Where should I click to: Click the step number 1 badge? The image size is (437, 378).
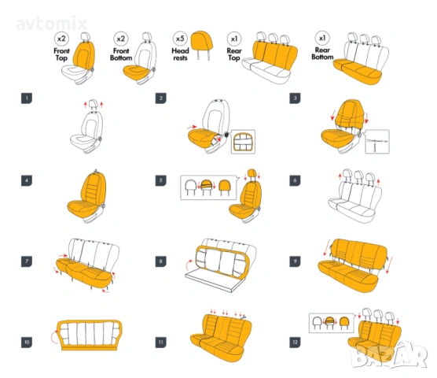[x=27, y=98]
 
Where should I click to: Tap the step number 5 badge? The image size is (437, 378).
[x=160, y=180]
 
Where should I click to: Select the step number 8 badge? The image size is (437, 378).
[x=160, y=261]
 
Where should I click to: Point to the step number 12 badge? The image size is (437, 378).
[x=295, y=343]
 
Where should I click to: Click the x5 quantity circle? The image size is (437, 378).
[x=180, y=39]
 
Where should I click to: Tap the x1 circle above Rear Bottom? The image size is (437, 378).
[x=322, y=38]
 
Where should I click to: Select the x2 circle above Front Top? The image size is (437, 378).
[x=61, y=39]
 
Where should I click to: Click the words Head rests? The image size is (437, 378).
[x=180, y=54]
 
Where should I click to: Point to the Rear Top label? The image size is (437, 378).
[x=234, y=54]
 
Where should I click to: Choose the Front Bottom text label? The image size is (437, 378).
[x=121, y=54]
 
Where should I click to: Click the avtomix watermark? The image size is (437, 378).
[x=52, y=24]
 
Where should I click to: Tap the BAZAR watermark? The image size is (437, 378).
[x=389, y=355]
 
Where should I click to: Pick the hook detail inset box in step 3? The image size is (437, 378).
[x=377, y=142]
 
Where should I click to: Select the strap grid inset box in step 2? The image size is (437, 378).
[x=243, y=142]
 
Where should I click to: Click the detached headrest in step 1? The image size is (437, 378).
[x=94, y=104]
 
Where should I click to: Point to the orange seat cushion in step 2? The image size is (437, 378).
[x=202, y=138]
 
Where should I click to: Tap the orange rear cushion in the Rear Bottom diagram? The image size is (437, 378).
[x=357, y=71]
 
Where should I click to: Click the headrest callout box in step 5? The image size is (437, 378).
[x=208, y=187]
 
